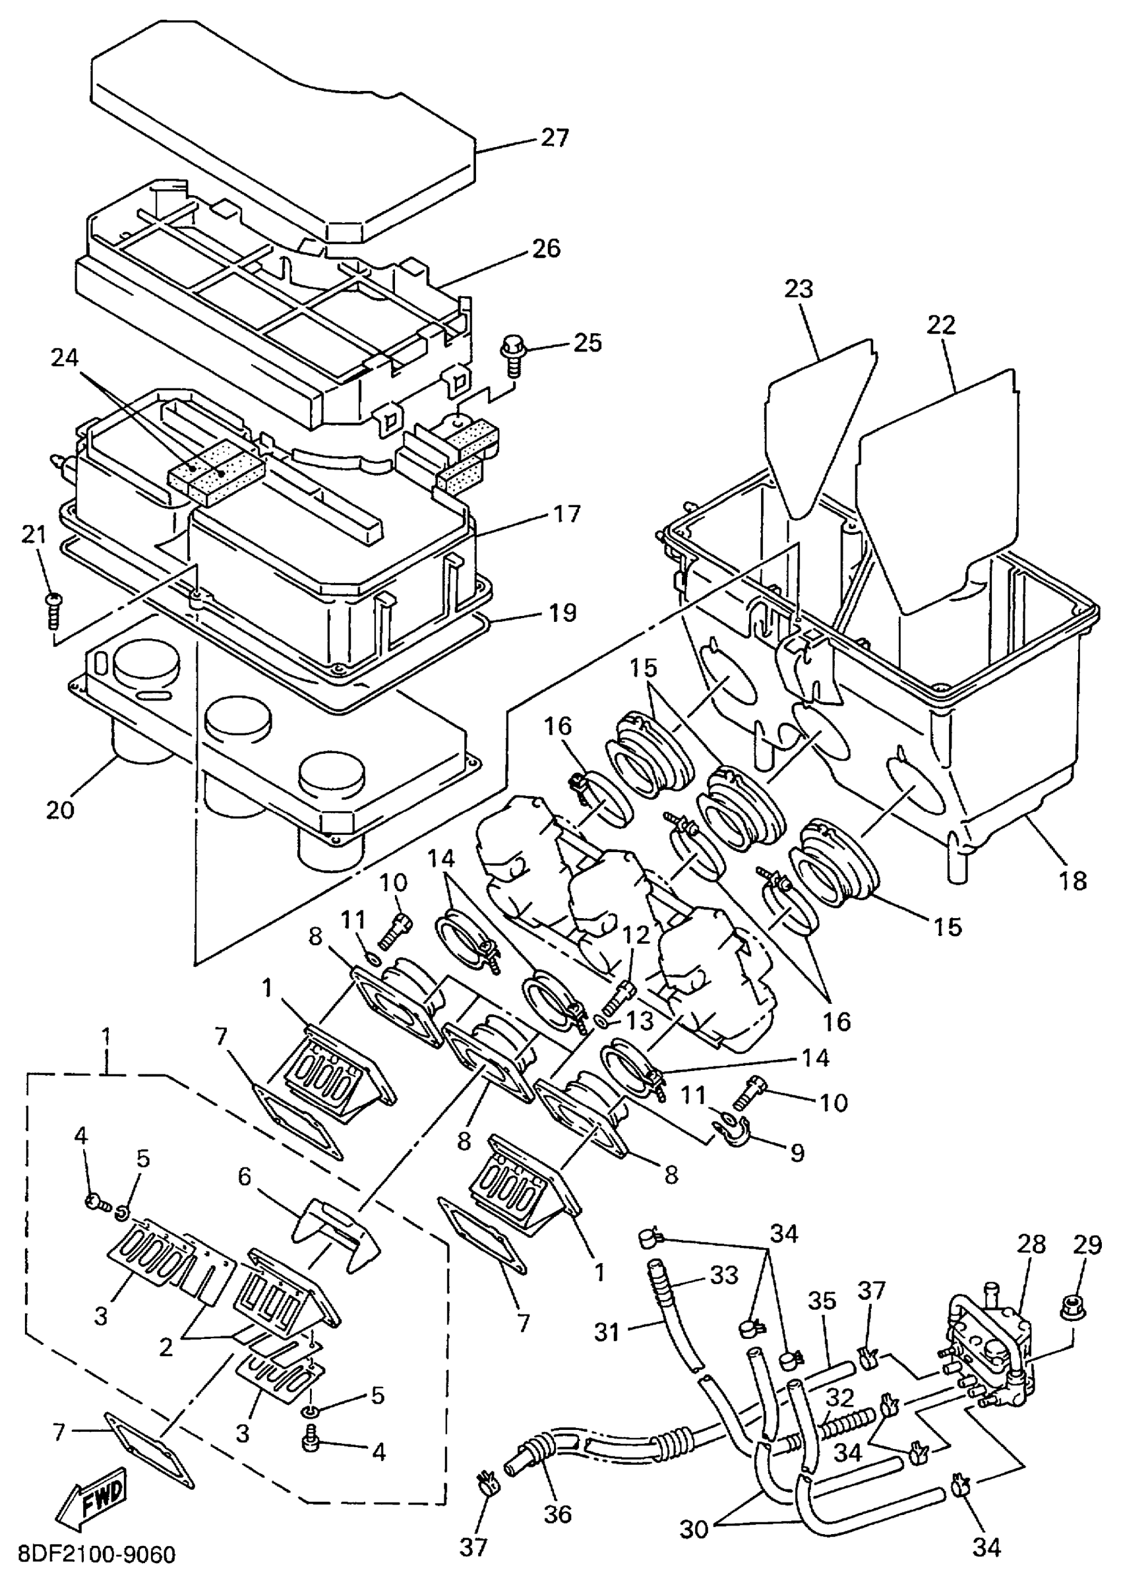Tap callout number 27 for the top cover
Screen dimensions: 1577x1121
[x=555, y=138]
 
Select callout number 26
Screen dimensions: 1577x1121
[x=547, y=249]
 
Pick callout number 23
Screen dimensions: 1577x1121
[x=799, y=289]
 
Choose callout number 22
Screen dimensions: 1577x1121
[x=942, y=325]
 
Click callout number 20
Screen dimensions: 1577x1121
[x=60, y=809]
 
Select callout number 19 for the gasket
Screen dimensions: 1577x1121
[x=562, y=613]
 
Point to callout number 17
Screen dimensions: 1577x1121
[x=566, y=514]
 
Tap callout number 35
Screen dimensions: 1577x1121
[x=821, y=1301]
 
